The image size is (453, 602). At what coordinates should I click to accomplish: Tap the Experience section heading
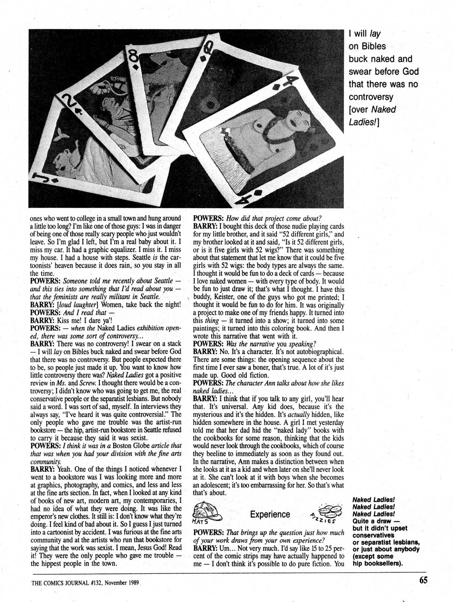pyautogui.click(x=270, y=514)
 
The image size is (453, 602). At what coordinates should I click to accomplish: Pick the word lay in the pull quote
pyautogui.click(x=375, y=34)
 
